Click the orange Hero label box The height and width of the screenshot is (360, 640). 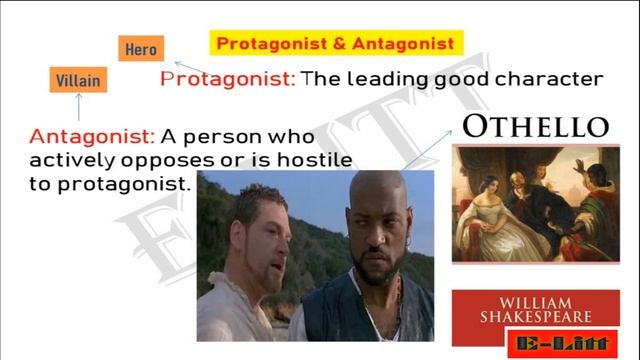pos(141,49)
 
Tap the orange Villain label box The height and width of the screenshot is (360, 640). pos(78,80)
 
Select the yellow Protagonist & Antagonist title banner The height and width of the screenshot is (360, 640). pos(335,43)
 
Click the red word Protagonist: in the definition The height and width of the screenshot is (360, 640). pos(228,78)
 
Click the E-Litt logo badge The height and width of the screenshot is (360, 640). pos(563,343)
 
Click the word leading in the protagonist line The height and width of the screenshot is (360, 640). pos(383,78)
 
